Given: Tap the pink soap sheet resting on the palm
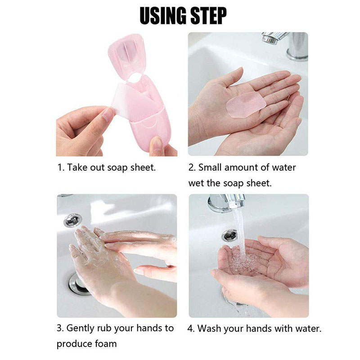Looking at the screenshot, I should (x=246, y=105).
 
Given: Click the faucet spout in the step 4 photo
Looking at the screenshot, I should (x=227, y=203).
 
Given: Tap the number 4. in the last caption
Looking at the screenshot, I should (x=191, y=328).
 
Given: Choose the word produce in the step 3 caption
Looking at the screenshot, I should (x=74, y=344).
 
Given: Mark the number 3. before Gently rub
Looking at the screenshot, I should (x=61, y=328).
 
